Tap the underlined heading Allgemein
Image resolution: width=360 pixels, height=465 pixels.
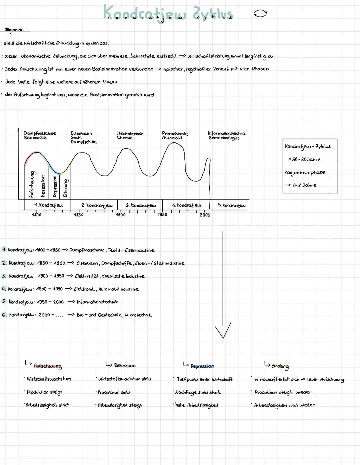[14, 30]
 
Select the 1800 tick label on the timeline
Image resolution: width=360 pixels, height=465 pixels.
[37, 215]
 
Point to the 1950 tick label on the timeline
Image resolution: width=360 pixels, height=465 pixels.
[162, 215]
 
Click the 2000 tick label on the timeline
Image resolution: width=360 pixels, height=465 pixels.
[205, 215]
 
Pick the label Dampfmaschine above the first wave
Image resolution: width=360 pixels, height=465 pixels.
[40, 133]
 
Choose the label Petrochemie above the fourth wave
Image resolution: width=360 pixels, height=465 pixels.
[175, 133]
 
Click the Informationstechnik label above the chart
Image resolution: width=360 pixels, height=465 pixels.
[227, 133]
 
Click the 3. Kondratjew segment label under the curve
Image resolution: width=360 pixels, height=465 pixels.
[141, 205]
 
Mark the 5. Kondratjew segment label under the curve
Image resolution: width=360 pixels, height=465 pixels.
[231, 205]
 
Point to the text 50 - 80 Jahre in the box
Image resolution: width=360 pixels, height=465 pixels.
[306, 159]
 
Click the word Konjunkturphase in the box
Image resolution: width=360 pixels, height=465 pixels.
[305, 172]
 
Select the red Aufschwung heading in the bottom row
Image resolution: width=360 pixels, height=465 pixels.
[48, 366]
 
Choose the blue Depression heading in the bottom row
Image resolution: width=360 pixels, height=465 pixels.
[202, 366]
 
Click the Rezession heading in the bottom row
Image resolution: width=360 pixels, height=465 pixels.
[125, 366]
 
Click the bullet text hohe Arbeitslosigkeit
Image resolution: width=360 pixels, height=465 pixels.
[197, 405]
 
